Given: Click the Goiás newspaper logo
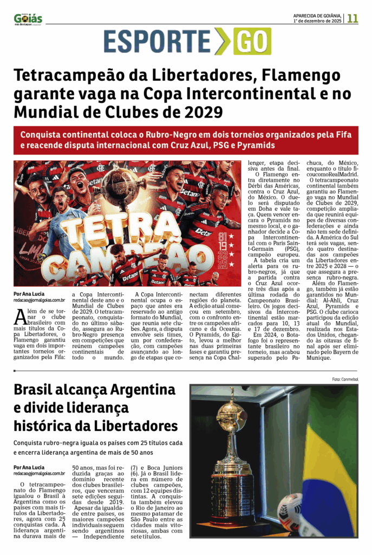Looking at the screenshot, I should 28,18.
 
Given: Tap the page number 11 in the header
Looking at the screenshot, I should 353,18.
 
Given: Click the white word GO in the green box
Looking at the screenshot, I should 252,41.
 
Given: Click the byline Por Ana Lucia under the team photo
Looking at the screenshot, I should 29,294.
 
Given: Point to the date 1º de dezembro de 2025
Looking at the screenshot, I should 317,21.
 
